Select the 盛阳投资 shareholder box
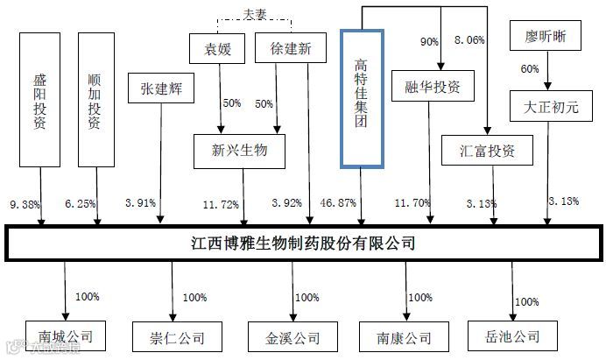(x=39, y=100)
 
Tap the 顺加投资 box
(x=95, y=100)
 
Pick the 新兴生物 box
(x=242, y=151)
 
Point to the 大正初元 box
(x=546, y=106)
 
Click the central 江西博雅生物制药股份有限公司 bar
(x=303, y=242)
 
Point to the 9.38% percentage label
(x=24, y=202)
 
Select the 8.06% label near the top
(x=468, y=39)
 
